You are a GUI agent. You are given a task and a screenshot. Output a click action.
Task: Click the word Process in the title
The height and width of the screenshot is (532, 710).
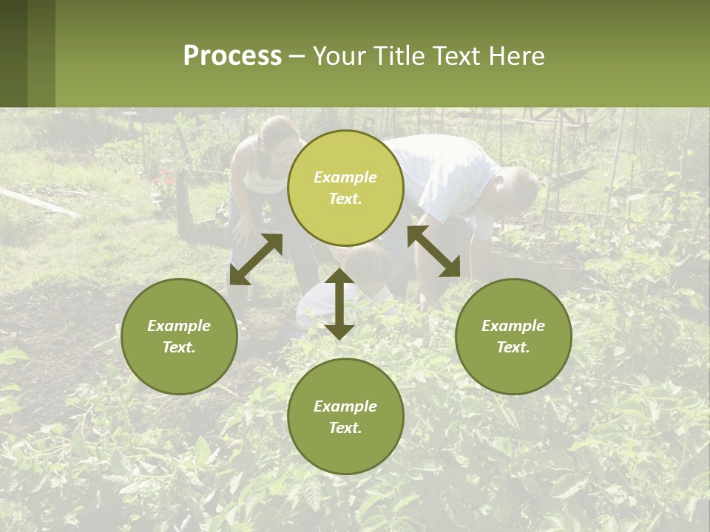232,55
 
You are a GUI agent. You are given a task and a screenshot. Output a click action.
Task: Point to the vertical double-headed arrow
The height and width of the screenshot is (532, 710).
339,304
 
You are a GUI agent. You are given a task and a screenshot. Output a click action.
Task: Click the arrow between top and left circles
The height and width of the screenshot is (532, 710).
256,259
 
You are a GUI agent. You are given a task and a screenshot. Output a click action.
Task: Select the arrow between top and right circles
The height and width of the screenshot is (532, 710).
433,251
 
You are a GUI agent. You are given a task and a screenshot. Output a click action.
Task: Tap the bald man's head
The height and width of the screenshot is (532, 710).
517,189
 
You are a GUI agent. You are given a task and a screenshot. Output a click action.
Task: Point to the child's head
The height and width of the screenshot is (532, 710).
365,263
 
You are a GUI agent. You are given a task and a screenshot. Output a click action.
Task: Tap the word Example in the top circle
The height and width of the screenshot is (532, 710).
345,177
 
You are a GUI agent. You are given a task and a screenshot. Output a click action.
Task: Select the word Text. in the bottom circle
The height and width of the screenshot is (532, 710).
345,428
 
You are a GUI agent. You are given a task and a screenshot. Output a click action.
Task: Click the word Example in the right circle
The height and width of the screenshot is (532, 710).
513,326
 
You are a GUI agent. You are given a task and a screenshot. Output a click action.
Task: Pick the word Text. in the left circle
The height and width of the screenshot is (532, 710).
179,347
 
